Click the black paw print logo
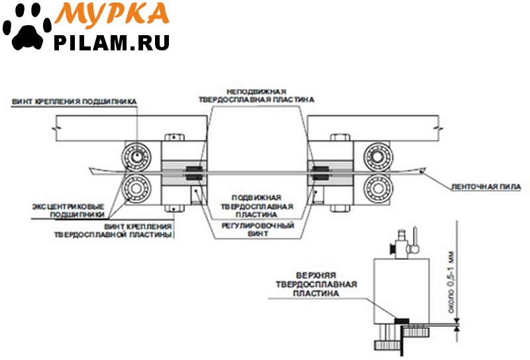coord(27,28)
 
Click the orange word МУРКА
coord(112,13)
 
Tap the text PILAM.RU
coord(111,42)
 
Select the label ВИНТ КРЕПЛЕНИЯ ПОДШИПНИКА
coord(74,102)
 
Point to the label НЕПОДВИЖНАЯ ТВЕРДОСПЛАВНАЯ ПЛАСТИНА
coord(256,95)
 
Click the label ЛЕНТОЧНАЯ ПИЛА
coord(486,187)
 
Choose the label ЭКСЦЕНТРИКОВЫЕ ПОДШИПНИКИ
coord(69,210)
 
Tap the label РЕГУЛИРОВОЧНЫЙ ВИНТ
coord(258,229)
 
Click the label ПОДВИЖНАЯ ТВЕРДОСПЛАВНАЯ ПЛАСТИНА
coord(257,206)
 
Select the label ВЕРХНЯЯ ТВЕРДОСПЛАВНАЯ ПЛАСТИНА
coord(316,284)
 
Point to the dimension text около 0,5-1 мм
coord(451,282)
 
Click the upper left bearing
coord(136,156)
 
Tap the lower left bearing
coord(136,188)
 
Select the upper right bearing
coord(378,156)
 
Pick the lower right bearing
coord(378,188)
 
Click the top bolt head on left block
coord(174,137)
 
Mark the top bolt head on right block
coord(340,137)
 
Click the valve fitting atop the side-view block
coord(405,243)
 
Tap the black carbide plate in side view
coord(401,321)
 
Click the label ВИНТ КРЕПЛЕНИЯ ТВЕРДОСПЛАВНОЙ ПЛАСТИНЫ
coord(113,231)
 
